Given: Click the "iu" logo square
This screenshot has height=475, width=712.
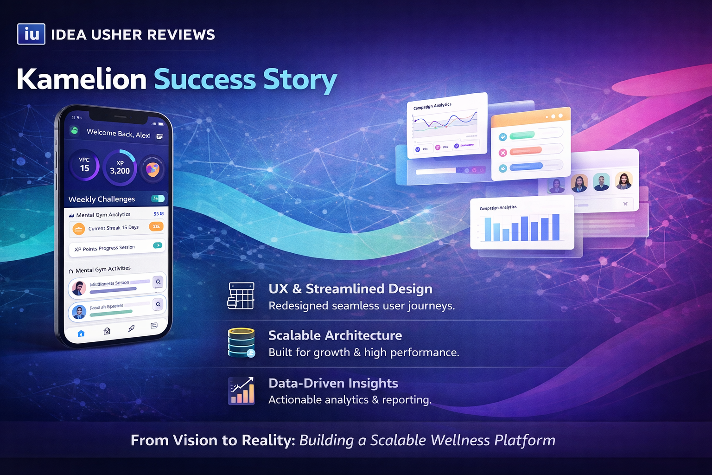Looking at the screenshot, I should [x=31, y=34].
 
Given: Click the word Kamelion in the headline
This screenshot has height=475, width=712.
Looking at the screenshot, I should [x=82, y=79].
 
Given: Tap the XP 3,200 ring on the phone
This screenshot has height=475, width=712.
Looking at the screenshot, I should [x=120, y=167].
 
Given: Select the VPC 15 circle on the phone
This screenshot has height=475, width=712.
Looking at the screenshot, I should [x=84, y=165].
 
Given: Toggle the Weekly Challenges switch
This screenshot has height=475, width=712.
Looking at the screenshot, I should [x=158, y=199].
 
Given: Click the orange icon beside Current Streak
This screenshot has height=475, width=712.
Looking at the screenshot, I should [x=79, y=228].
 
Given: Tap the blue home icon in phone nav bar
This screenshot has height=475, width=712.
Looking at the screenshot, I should [x=81, y=333].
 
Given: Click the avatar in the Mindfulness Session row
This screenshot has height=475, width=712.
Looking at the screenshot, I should [x=78, y=288].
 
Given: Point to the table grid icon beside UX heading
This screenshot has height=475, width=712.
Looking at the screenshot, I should [x=241, y=296].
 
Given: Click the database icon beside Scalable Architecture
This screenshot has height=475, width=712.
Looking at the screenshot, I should [x=241, y=343].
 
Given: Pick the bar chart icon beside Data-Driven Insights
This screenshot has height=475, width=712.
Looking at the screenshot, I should [x=241, y=391].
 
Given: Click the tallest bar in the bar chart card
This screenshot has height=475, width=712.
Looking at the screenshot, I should [x=556, y=227].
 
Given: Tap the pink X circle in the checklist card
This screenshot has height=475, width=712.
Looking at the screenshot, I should [x=502, y=153].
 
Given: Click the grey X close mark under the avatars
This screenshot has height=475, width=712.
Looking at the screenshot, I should [x=625, y=204].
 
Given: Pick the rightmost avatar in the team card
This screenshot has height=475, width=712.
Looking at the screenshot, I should [x=624, y=180].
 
